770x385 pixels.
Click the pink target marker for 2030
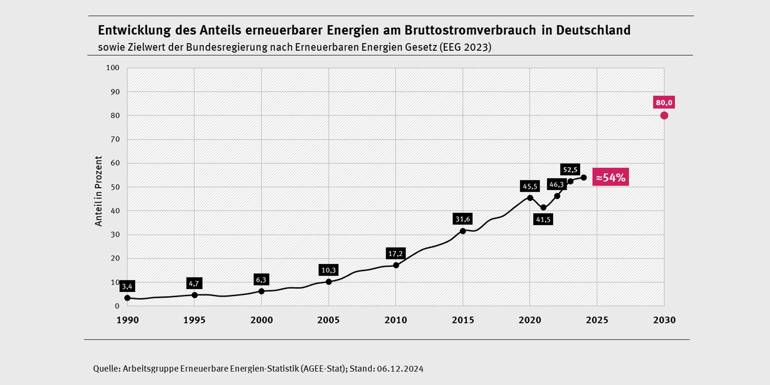[x=664, y=115]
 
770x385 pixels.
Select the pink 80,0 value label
[x=664, y=102]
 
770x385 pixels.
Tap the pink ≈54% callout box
[x=611, y=177]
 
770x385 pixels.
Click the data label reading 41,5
[x=543, y=220]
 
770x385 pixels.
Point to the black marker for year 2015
[x=463, y=231]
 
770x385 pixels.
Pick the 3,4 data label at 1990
[x=127, y=286]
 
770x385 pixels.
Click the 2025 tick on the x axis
[x=597, y=320]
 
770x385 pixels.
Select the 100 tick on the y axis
[x=113, y=68]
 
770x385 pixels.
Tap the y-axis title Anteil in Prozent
[x=99, y=191]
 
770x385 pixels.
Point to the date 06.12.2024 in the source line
[x=400, y=369]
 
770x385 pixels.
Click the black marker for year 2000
[x=261, y=291]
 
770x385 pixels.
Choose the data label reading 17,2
[x=395, y=254]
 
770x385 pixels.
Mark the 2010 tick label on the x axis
[x=396, y=320]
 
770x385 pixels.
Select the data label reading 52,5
[x=570, y=170]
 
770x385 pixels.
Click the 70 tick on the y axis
[x=115, y=139]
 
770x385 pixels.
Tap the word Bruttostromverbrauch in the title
[x=470, y=31]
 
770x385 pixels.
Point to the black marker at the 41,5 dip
[x=543, y=207]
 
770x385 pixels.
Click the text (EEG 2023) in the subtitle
[x=465, y=47]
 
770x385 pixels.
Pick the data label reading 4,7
[x=194, y=283]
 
